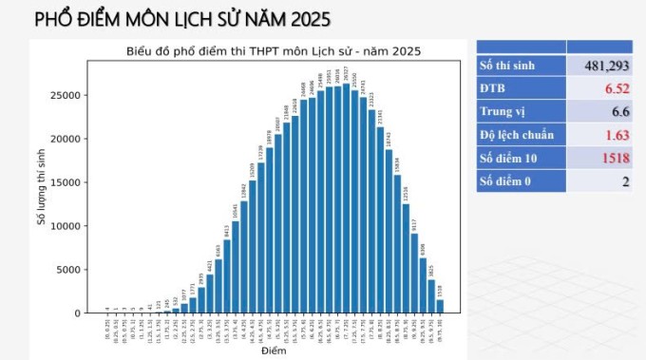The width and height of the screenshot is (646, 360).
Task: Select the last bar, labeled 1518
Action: [x=439, y=306]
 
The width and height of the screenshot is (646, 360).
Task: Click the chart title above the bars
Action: [x=274, y=50]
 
